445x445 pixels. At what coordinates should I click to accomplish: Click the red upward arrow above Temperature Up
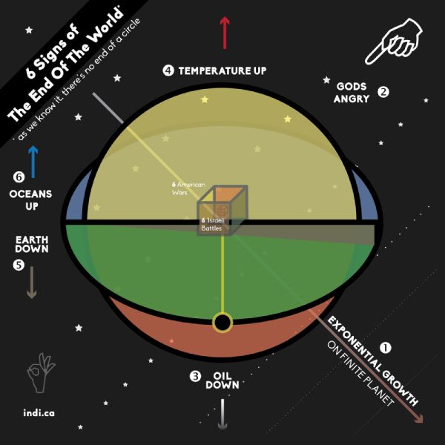(225, 33)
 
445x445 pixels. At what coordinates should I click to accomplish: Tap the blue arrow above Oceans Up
(33, 162)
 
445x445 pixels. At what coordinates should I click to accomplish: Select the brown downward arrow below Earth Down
(32, 283)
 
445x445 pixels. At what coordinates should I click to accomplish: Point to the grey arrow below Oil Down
(222, 415)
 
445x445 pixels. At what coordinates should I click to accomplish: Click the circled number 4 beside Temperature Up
(168, 70)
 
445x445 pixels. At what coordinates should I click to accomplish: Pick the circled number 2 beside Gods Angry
(383, 92)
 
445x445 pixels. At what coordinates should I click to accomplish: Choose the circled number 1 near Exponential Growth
(386, 348)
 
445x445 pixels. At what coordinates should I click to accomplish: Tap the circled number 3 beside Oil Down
(195, 376)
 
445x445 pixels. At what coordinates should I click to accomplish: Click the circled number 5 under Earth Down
(19, 265)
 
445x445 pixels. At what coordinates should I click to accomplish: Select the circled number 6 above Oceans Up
(19, 177)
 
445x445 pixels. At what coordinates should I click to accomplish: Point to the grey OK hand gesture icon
(41, 373)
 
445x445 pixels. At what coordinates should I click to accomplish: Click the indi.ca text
(39, 412)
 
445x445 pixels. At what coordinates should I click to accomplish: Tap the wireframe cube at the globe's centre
(222, 211)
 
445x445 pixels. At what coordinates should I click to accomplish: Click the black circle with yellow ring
(222, 323)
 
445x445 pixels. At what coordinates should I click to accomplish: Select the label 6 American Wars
(188, 188)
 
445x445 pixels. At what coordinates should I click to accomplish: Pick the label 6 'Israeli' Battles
(214, 224)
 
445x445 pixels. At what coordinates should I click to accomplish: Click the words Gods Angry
(352, 93)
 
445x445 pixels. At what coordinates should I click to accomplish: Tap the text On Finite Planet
(361, 374)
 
